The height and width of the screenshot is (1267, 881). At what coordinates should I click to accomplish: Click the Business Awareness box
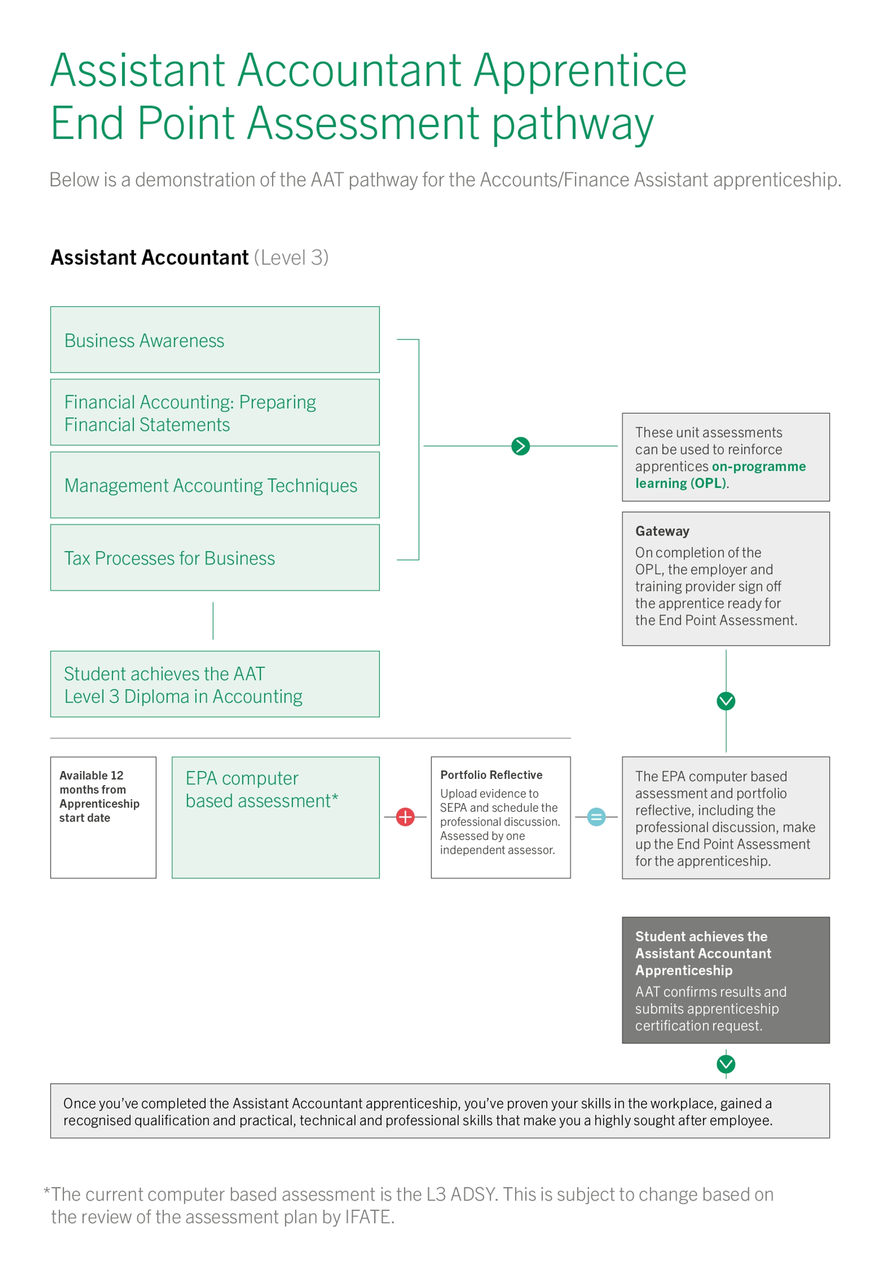point(215,340)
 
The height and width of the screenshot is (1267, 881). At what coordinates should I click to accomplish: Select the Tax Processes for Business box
point(215,558)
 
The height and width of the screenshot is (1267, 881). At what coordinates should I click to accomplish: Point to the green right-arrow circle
point(520,446)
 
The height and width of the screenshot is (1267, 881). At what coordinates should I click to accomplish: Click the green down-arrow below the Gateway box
point(726,701)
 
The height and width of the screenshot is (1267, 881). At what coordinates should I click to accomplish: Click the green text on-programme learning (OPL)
point(720,475)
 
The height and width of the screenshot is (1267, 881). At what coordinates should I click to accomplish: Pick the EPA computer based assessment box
point(275,817)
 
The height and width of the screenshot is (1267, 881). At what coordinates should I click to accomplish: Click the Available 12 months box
point(103,817)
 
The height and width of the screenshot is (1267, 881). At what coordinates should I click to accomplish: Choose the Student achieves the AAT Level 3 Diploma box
point(215,684)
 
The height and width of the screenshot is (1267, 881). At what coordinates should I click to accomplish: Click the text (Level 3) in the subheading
point(291,258)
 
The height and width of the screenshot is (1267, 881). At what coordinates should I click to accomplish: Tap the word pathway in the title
point(573,123)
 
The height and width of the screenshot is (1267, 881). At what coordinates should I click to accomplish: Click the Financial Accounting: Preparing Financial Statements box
point(215,412)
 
